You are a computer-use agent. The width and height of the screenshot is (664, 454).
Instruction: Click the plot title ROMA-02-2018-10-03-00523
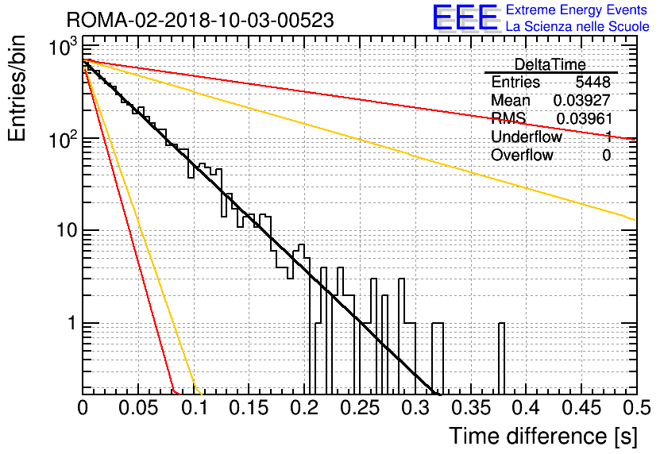(200, 20)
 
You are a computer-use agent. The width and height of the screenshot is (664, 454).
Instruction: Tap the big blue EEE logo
(465, 17)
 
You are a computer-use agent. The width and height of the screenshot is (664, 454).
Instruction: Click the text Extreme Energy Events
(577, 10)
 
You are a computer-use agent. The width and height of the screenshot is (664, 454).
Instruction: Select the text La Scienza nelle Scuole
(577, 26)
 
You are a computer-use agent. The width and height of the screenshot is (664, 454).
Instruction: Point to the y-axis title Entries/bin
(17, 88)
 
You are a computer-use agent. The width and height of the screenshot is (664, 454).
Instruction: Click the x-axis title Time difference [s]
(543, 436)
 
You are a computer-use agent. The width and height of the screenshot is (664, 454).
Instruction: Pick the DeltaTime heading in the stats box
(550, 64)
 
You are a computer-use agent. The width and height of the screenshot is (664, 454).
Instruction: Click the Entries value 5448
(593, 82)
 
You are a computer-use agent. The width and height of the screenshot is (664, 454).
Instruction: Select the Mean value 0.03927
(582, 100)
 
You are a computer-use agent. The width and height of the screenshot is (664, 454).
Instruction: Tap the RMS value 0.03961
(584, 119)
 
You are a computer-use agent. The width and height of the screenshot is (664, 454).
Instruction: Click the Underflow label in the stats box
(527, 137)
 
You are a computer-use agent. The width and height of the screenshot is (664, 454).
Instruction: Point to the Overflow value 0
(606, 156)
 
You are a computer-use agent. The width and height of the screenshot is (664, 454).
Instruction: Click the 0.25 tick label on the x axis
(360, 408)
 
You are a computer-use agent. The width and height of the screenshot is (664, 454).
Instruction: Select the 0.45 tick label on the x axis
(581, 408)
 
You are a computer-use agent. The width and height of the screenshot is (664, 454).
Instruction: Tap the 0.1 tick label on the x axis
(195, 408)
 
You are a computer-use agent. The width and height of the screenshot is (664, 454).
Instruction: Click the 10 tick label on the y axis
(66, 231)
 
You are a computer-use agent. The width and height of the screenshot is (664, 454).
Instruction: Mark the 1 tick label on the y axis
(72, 324)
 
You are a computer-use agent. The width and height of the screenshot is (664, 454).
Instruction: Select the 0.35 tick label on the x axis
(471, 408)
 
